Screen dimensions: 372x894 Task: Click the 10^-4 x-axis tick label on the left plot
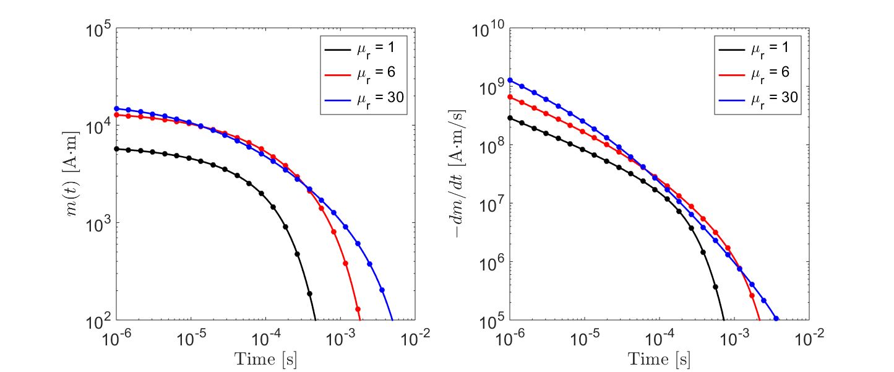coord(265,337)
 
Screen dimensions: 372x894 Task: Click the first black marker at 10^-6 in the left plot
coord(116,149)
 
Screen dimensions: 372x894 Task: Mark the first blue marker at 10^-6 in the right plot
coord(510,80)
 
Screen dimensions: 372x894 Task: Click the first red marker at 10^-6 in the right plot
coord(510,97)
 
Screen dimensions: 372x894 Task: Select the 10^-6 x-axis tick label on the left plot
coord(116,337)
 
